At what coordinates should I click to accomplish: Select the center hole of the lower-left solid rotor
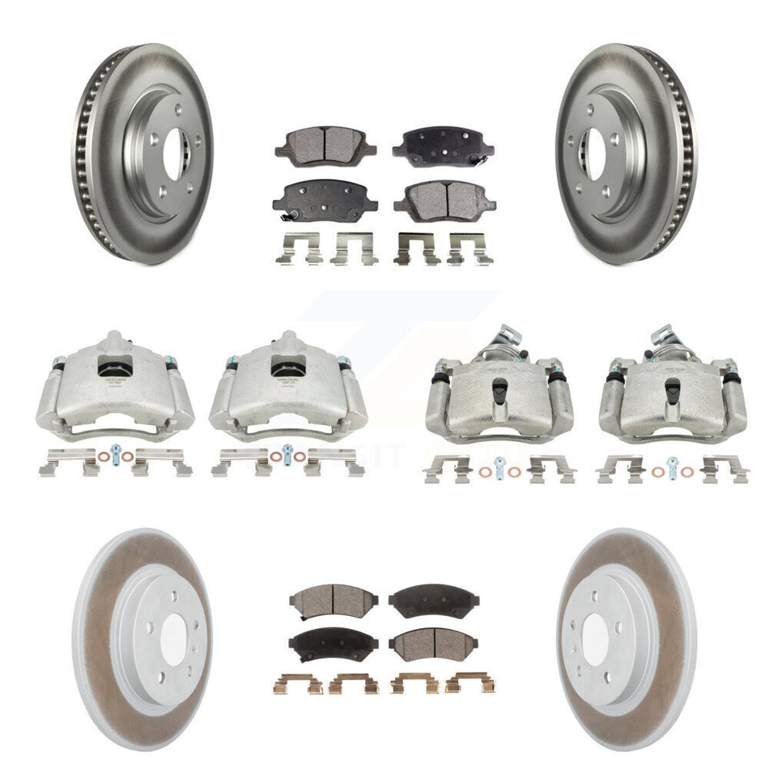(x=173, y=640)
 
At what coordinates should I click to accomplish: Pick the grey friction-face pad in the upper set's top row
(x=315, y=146)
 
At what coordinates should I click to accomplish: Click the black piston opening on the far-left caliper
(x=114, y=368)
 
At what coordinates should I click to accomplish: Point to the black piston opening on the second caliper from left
(x=287, y=368)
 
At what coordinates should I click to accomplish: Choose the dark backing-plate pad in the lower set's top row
(x=433, y=600)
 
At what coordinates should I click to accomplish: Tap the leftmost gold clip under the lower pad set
(x=300, y=683)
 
